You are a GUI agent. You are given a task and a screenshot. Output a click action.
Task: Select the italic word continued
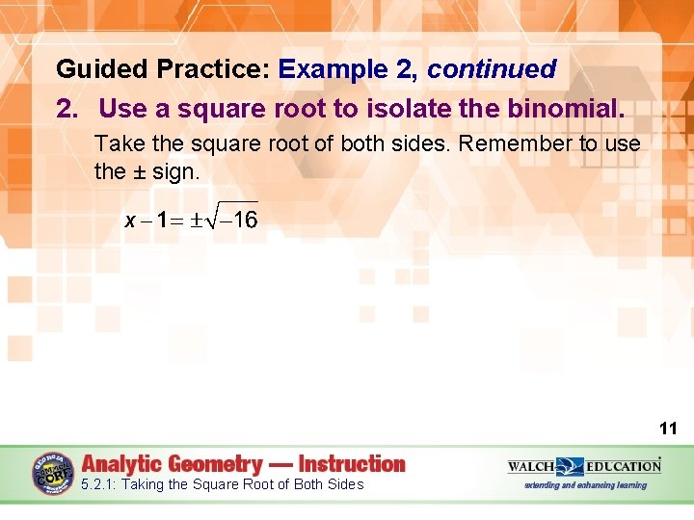click(492, 69)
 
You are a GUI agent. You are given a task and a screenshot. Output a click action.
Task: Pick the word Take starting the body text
click(116, 143)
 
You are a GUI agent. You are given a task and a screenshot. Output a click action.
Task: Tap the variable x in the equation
click(130, 221)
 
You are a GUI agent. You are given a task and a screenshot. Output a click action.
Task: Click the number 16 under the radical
click(245, 221)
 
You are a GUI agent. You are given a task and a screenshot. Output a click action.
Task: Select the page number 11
click(668, 429)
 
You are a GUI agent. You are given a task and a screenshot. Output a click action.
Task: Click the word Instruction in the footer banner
click(352, 464)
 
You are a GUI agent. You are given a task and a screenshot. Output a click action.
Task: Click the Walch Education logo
click(584, 466)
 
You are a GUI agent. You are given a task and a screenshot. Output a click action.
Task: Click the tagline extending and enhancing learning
click(585, 485)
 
